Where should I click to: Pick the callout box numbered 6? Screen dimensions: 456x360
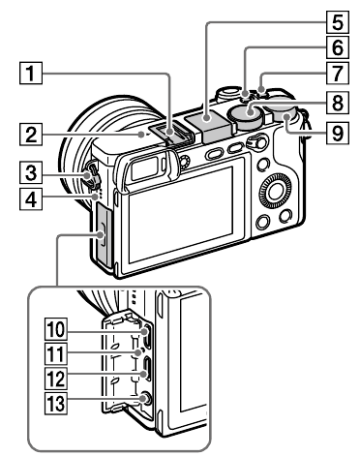tap(281, 46)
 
